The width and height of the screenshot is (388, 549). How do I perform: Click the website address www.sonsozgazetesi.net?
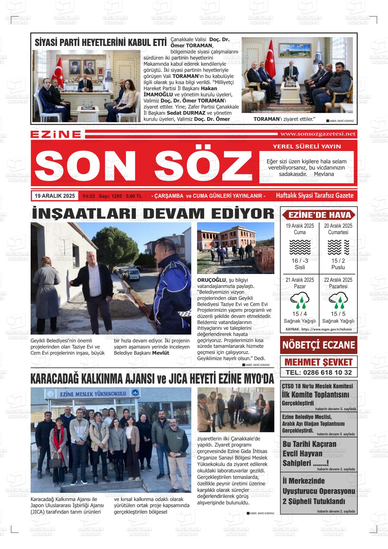coord(317,134)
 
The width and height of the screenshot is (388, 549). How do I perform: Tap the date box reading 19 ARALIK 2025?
coord(54,196)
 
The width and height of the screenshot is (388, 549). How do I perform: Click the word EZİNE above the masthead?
coord(56,134)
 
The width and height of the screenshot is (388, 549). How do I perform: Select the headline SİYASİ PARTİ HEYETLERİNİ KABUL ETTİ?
coord(100,43)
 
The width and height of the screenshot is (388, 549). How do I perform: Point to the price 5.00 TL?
coord(134,196)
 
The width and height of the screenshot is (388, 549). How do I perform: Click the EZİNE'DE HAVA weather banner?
coord(319,215)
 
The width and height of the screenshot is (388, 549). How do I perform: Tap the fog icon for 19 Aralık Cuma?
coord(300,247)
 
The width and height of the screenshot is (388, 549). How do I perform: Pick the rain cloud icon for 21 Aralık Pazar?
coord(300,301)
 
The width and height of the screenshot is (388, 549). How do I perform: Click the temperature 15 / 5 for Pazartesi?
coord(338,314)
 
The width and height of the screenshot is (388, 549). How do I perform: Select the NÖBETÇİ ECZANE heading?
coord(318,345)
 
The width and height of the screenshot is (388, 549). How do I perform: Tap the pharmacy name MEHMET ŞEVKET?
coord(318,362)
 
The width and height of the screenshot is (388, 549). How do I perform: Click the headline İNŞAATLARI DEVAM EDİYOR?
coord(152,213)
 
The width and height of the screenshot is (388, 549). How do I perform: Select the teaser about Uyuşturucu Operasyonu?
coord(318,491)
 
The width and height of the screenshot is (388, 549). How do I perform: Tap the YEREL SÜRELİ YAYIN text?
coord(307,147)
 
